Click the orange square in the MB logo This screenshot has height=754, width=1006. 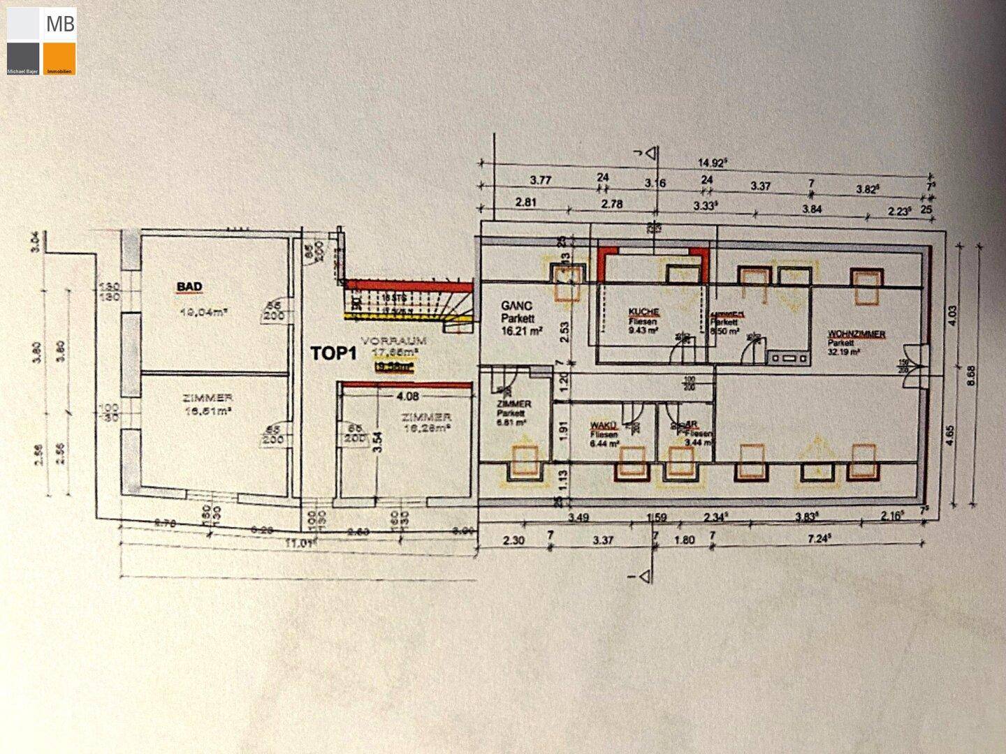point(59,59)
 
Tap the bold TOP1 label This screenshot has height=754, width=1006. point(334,353)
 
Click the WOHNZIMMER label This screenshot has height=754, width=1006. point(856,334)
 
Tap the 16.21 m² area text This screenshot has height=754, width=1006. point(518,333)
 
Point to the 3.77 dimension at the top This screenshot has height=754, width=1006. point(541,180)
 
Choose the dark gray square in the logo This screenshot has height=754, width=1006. point(24,59)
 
